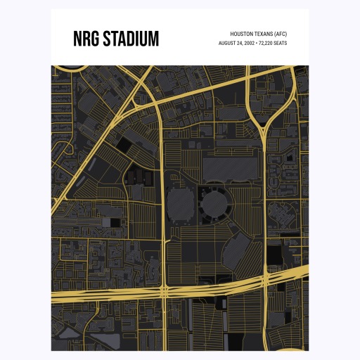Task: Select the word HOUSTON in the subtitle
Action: (x=243, y=34)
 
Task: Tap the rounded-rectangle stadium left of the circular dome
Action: (x=179, y=205)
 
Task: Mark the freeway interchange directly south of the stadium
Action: (x=164, y=288)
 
